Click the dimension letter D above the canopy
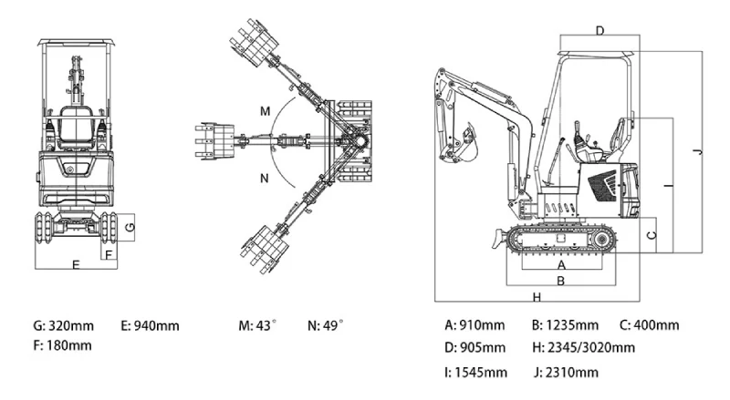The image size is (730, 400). coord(600,30)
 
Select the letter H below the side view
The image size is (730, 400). coord(537,297)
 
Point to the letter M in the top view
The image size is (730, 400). coord(265,110)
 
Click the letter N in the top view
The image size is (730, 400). coord(264,179)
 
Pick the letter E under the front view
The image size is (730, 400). coord(76,264)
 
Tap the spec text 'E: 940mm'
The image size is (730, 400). coord(150,325)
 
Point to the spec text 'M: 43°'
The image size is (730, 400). coord(257,325)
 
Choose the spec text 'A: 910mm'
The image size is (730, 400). coord(474,325)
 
